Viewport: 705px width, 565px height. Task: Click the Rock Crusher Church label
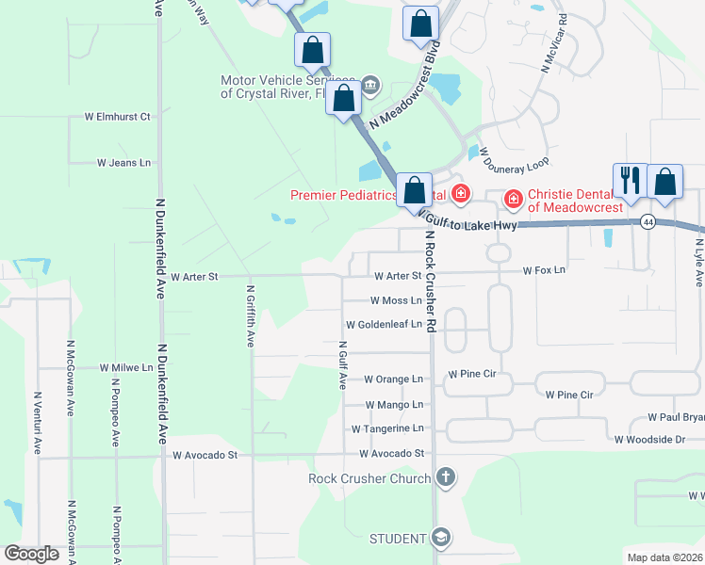point(370,478)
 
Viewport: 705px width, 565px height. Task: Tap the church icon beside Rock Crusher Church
point(446,478)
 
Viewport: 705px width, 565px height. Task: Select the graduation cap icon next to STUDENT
point(440,538)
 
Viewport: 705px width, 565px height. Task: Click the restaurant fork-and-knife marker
point(629,181)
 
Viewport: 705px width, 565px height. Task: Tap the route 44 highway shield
point(648,222)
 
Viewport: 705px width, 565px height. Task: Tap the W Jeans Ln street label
point(123,163)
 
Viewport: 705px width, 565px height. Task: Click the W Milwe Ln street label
point(119,368)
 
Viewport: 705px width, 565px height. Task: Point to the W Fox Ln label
point(544,270)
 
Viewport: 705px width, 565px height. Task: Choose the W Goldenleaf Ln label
point(385,324)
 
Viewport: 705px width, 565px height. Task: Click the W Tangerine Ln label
point(387,428)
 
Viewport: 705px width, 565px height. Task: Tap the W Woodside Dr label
point(649,440)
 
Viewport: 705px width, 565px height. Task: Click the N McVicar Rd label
point(552,43)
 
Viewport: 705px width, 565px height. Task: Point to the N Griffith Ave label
point(251,316)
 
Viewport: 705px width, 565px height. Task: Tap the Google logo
point(31,555)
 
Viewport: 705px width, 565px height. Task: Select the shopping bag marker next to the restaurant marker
point(664,181)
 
